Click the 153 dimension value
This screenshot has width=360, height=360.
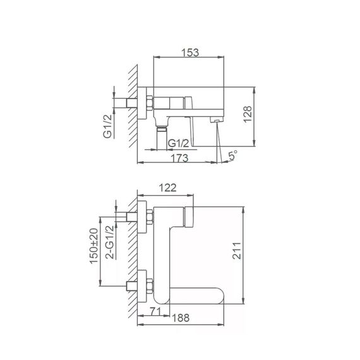click(x=190, y=52)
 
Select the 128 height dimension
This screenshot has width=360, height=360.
click(x=248, y=114)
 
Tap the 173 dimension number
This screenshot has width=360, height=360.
click(x=180, y=158)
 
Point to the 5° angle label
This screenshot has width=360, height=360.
click(x=233, y=155)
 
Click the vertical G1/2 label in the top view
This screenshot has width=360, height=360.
click(x=107, y=126)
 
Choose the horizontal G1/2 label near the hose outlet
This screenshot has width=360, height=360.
click(x=178, y=143)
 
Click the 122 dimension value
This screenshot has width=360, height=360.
click(x=167, y=188)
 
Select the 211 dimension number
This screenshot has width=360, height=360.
click(x=236, y=251)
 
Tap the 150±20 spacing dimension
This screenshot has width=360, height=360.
click(x=93, y=246)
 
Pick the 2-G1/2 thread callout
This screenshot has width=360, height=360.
click(x=109, y=243)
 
